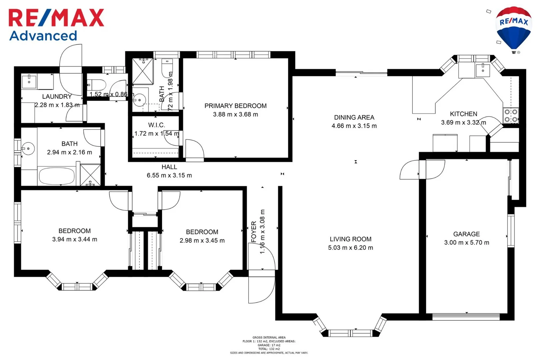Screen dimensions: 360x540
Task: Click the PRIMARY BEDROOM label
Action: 235,106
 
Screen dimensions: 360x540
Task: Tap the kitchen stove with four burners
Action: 511,115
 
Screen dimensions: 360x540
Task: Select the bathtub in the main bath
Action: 56,176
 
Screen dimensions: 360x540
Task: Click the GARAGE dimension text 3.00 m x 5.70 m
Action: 466,243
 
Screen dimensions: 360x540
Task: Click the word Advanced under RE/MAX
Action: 43,36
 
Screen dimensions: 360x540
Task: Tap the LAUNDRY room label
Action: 57,96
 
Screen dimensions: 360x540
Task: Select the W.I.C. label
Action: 156,125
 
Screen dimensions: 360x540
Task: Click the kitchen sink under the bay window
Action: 482,70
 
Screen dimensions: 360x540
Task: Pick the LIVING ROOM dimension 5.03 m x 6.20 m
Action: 350,248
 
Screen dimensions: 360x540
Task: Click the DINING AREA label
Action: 354,117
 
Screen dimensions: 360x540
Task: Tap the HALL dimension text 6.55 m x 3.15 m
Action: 169,175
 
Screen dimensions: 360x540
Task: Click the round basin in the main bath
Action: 28,149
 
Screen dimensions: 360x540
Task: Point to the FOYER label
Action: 254,231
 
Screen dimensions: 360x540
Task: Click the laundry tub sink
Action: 29,81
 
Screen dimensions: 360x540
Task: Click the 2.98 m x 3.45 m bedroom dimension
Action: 202,241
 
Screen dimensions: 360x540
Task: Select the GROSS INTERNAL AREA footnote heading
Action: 269,337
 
